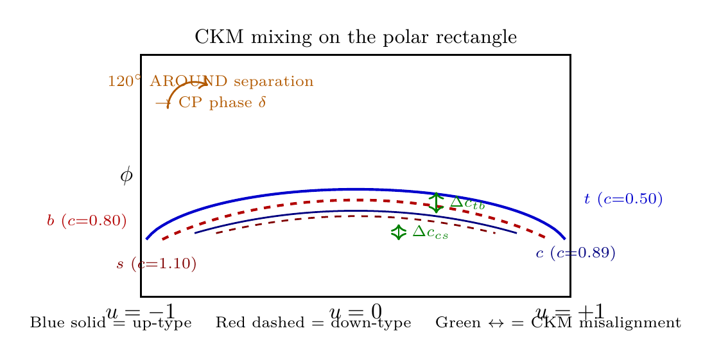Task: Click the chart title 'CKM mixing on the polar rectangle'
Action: pyautogui.click(x=356, y=37)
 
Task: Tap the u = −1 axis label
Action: pyautogui.click(x=141, y=313)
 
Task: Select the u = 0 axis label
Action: pyautogui.click(x=356, y=313)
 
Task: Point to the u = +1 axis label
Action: pyautogui.click(x=570, y=313)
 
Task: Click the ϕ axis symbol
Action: pyautogui.click(x=126, y=175)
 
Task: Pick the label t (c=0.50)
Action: pyautogui.click(x=623, y=199)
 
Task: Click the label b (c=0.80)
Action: pyautogui.click(x=87, y=221)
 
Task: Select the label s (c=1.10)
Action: pyautogui.click(x=156, y=264)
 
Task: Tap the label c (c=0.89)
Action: pyautogui.click(x=575, y=253)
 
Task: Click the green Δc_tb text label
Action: pyautogui.click(x=467, y=203)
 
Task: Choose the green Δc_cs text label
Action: pyautogui.click(x=430, y=232)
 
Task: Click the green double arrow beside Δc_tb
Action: pyautogui.click(x=436, y=202)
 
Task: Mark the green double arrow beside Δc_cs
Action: pyautogui.click(x=398, y=232)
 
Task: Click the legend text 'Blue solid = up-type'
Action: pyautogui.click(x=111, y=323)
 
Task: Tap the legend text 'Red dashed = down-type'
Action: pyautogui.click(x=313, y=323)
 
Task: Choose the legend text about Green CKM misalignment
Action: pyautogui.click(x=558, y=323)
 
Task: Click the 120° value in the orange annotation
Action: pyautogui.click(x=125, y=81)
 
